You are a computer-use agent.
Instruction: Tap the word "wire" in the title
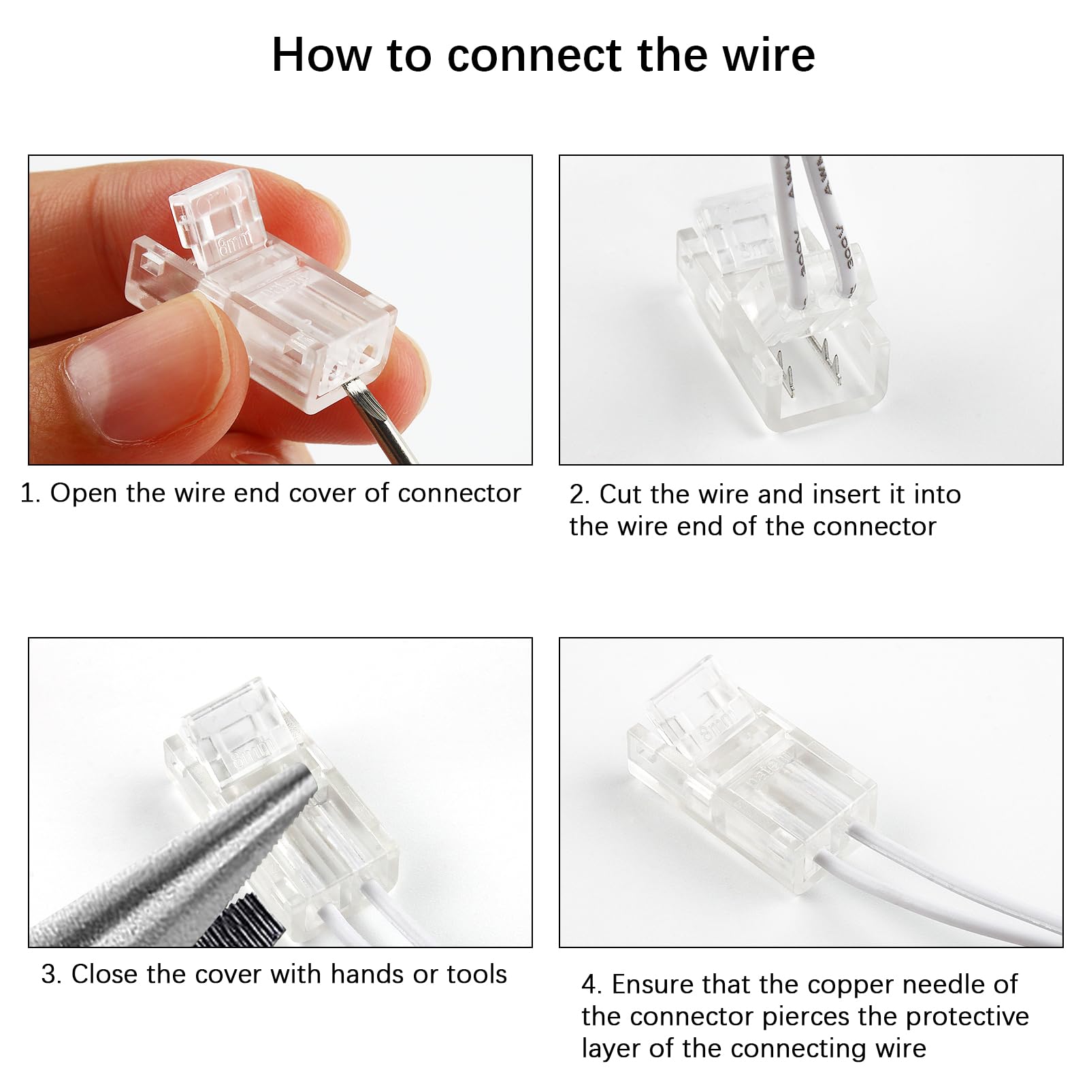click(x=768, y=55)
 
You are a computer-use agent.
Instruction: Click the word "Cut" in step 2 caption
click(x=620, y=495)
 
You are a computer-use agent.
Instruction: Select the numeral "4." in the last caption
click(x=591, y=985)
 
